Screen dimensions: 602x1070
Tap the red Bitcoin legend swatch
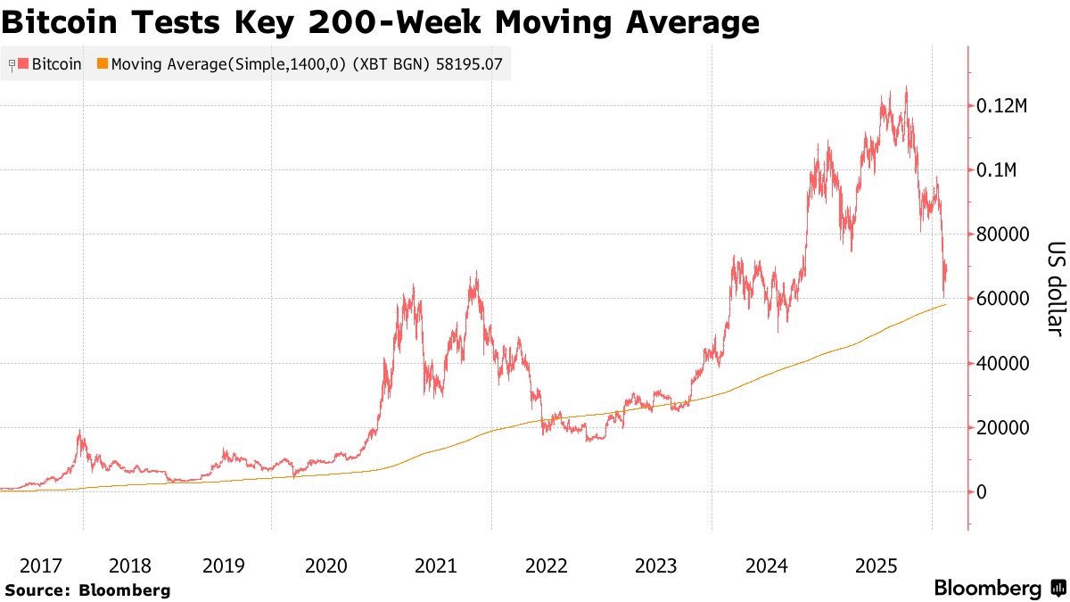(24, 64)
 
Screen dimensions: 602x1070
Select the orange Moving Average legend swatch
(103, 64)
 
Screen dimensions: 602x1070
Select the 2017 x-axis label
(41, 565)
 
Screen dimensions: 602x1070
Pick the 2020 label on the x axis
(326, 565)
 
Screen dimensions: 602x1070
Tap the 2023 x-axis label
(656, 565)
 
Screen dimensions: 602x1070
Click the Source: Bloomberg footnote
(87, 590)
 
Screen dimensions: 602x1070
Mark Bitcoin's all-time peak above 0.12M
(906, 87)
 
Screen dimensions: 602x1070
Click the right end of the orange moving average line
(946, 305)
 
